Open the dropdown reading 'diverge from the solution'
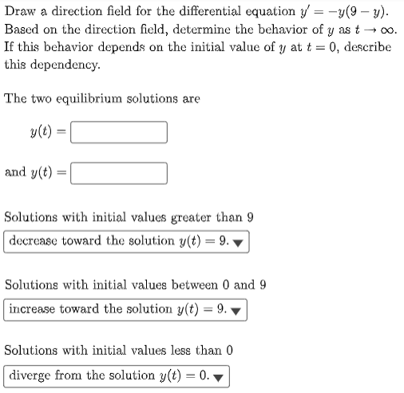click(117, 375)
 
